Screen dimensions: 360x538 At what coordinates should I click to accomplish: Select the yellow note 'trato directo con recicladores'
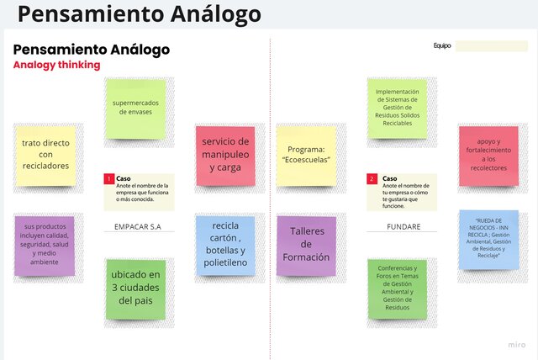pyautogui.click(x=45, y=156)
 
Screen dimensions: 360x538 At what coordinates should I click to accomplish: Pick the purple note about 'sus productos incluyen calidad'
pyautogui.click(x=45, y=245)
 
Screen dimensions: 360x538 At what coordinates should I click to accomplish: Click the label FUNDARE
pyautogui.click(x=404, y=227)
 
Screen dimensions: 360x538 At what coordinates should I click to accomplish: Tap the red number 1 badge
pyautogui.click(x=108, y=179)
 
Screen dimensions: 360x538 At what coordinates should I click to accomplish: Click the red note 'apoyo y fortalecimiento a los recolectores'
pyautogui.click(x=488, y=156)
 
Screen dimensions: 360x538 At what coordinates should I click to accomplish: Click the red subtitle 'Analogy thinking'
pyautogui.click(x=56, y=65)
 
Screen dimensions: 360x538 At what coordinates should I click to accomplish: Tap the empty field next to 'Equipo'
pyautogui.click(x=491, y=46)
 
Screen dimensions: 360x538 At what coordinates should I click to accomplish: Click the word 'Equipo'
pyautogui.click(x=442, y=46)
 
